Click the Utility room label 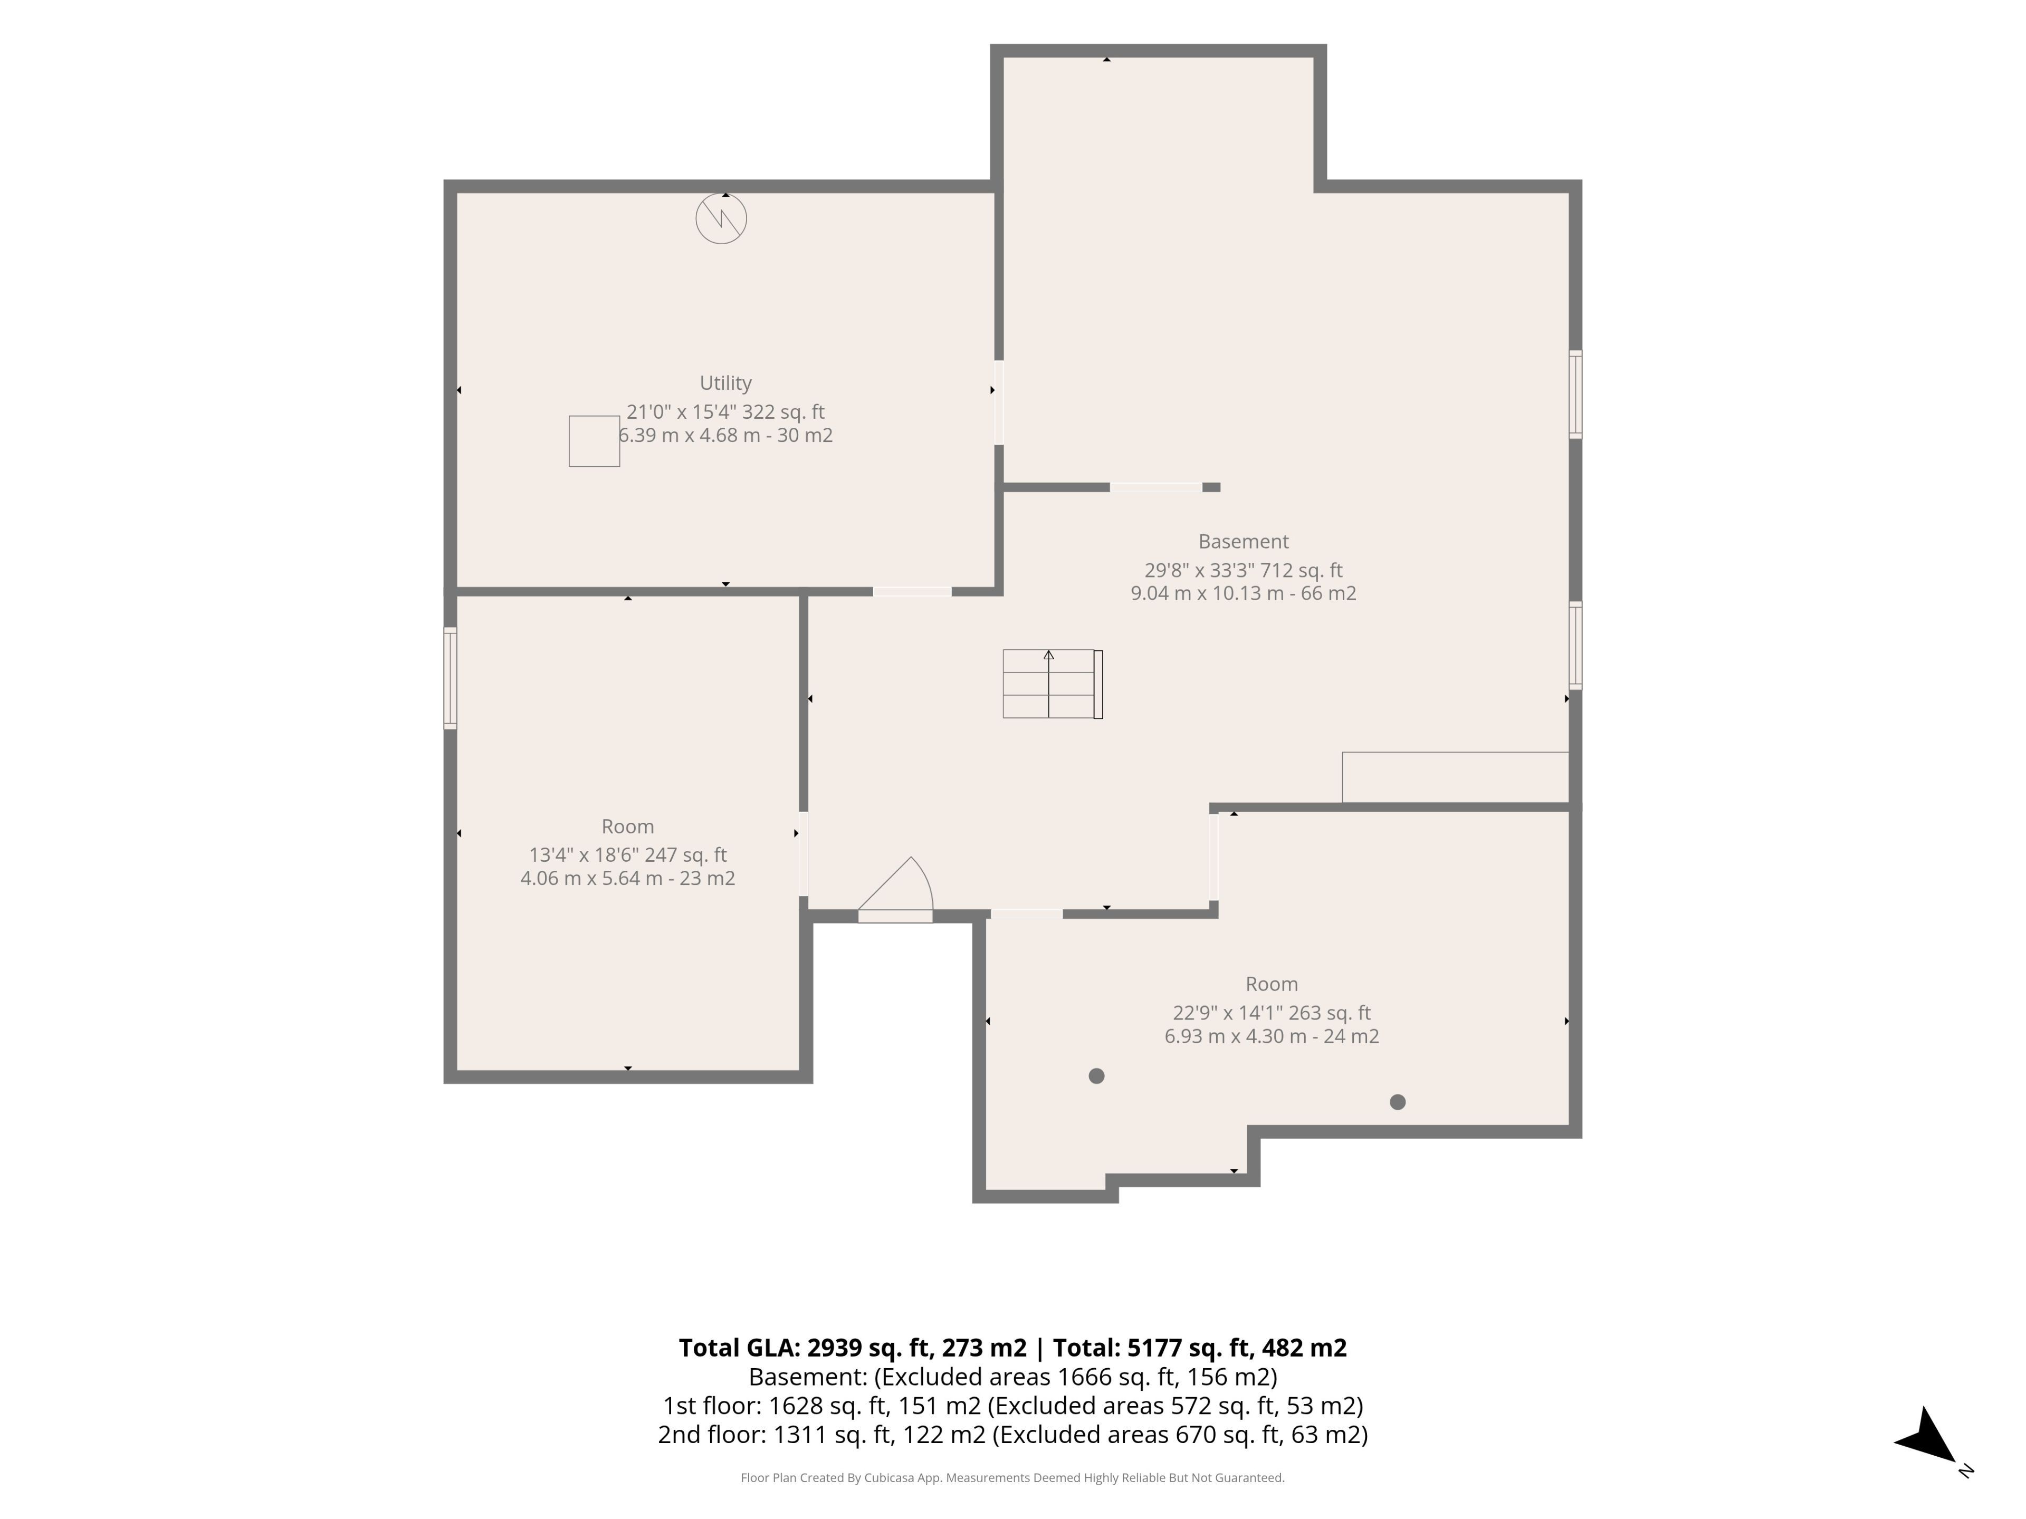(725, 383)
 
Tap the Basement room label (1243, 541)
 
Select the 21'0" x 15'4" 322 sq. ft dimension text (725, 412)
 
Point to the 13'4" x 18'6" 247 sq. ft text (627, 854)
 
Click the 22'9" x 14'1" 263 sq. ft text (1272, 1013)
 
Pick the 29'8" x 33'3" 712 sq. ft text (1243, 570)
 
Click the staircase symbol (1053, 684)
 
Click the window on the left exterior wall (450, 678)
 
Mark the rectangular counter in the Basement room (1455, 777)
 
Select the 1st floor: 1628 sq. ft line (1012, 1406)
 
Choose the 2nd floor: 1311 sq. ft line (1012, 1434)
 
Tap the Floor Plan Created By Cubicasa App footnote (1012, 1478)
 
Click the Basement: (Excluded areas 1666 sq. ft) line (1012, 1377)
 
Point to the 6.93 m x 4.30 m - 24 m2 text (1272, 1036)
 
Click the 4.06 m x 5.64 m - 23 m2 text (627, 878)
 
